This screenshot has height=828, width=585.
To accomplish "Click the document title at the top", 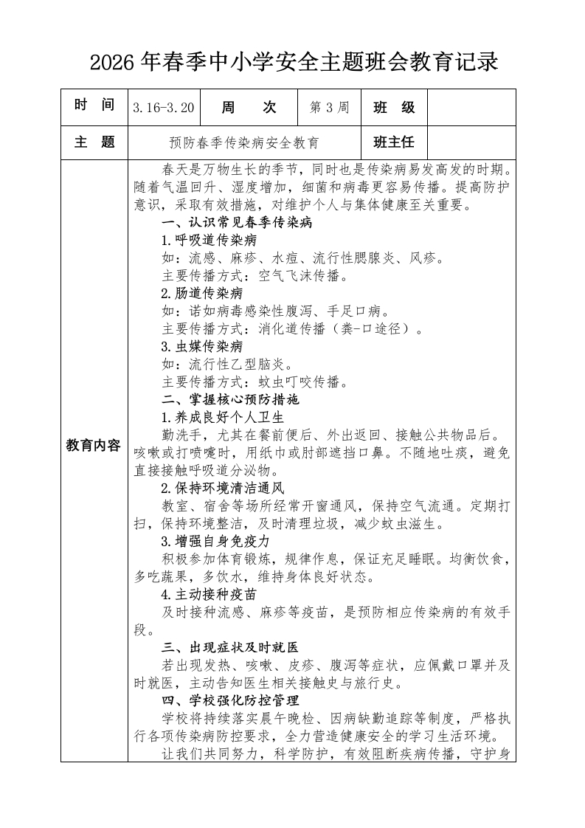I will (293, 62).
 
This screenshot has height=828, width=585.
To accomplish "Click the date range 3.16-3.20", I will (164, 108).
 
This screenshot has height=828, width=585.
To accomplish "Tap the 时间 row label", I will (94, 107).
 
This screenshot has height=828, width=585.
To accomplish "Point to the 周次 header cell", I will (249, 108).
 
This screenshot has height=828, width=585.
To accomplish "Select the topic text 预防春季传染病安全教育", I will (244, 143).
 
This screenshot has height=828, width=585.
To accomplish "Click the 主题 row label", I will (94, 142).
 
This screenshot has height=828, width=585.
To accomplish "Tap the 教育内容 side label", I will (94, 445).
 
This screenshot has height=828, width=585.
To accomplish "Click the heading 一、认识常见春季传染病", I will (238, 222).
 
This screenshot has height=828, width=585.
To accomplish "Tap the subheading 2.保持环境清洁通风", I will (223, 488).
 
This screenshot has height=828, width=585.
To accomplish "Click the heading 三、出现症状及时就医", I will (230, 647).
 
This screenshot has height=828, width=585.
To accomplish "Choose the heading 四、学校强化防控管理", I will (230, 700).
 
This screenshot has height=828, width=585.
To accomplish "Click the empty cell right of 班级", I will (471, 108).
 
